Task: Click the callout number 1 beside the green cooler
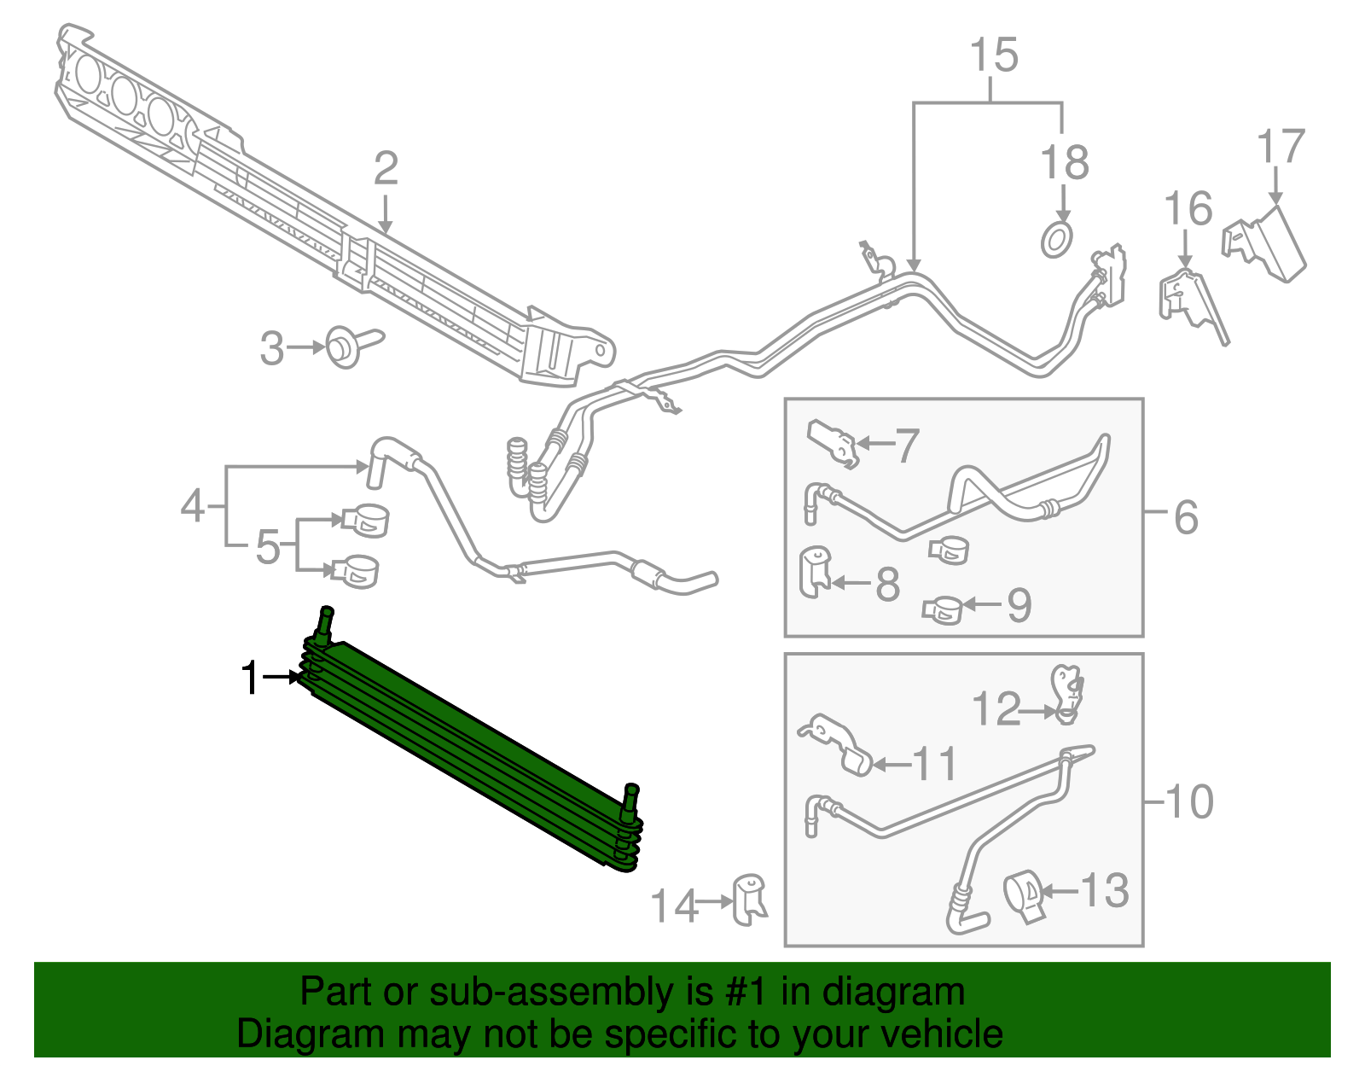pyautogui.click(x=250, y=678)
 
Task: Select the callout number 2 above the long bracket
pyautogui.click(x=386, y=168)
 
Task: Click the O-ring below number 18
pyautogui.click(x=1056, y=240)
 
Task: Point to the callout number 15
pyautogui.click(x=994, y=55)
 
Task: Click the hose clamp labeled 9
pyautogui.click(x=942, y=610)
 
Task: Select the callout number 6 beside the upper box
pyautogui.click(x=1185, y=517)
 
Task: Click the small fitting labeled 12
pyautogui.click(x=1067, y=694)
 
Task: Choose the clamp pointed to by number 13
pyautogui.click(x=1024, y=896)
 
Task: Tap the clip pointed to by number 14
pyautogui.click(x=750, y=900)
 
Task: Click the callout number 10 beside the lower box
pyautogui.click(x=1189, y=802)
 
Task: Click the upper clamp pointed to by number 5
pyautogui.click(x=366, y=521)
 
